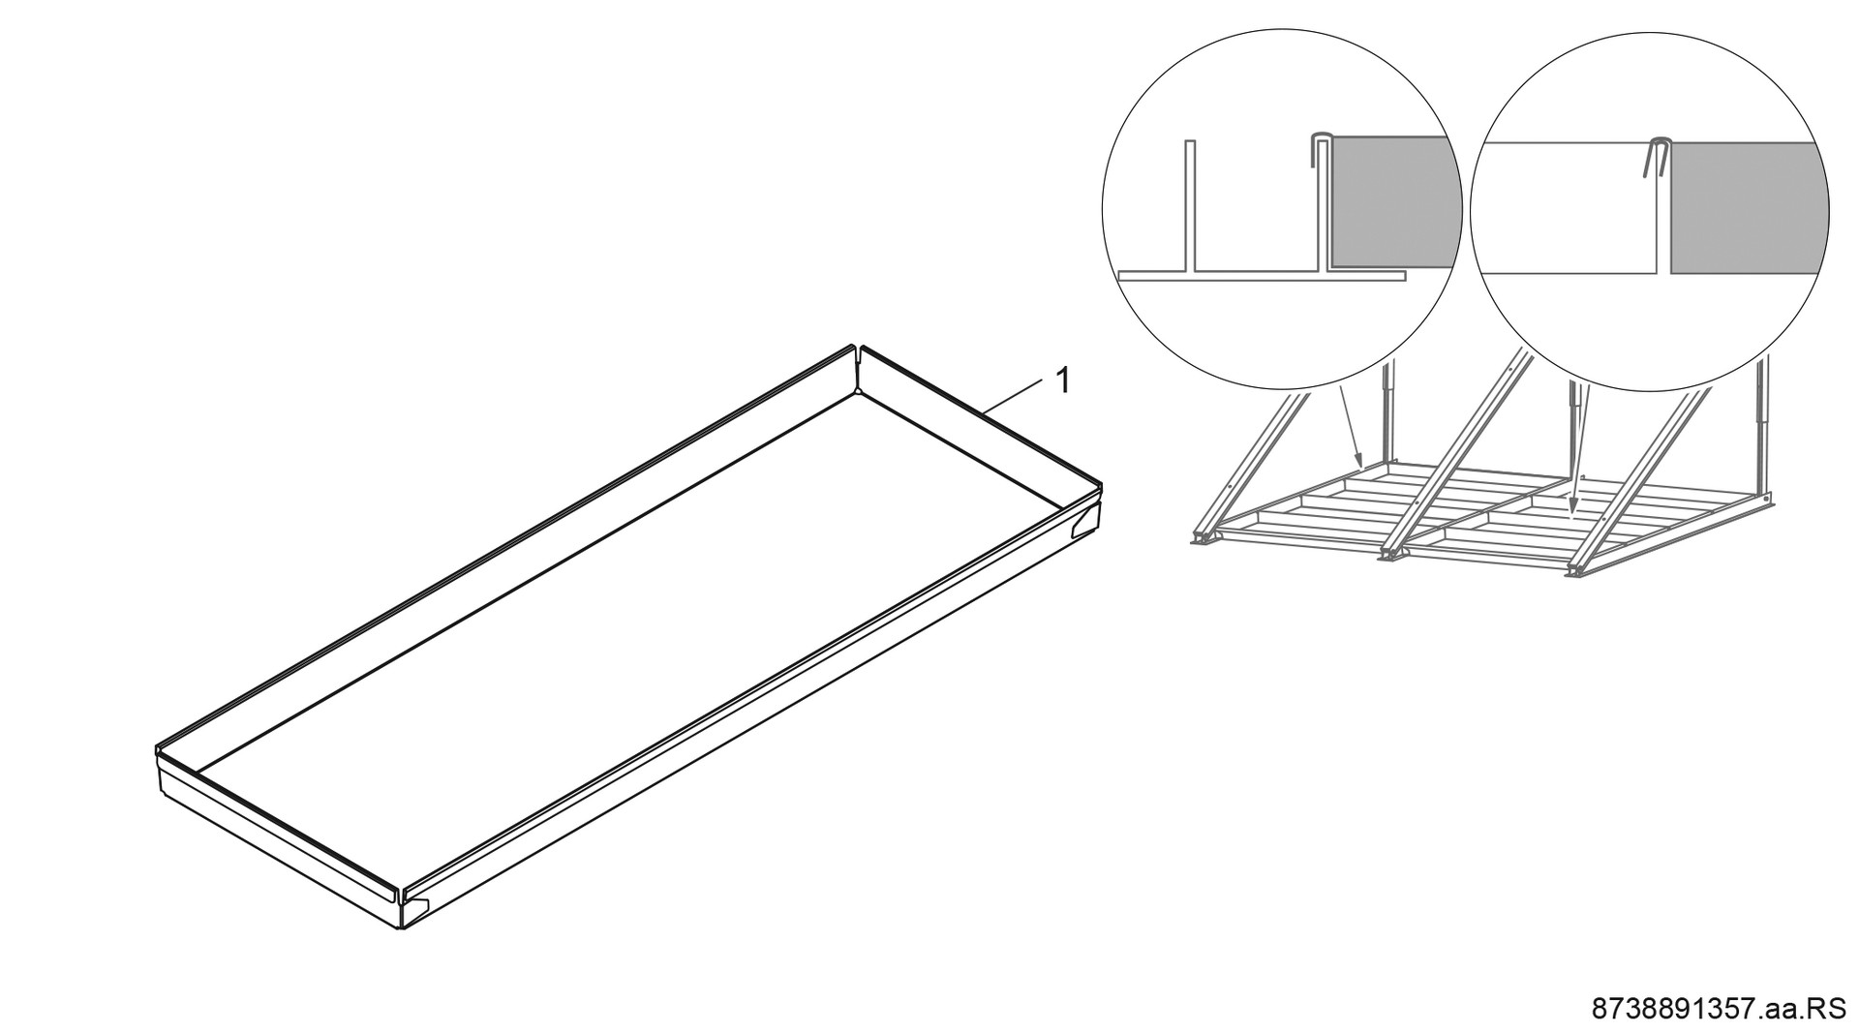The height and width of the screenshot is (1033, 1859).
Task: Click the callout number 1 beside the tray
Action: click(1062, 380)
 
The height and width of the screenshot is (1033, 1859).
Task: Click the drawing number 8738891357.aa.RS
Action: click(1720, 1009)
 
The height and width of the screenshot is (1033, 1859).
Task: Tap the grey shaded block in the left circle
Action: click(1394, 201)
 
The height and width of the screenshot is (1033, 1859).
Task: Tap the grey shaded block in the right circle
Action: click(1749, 206)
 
